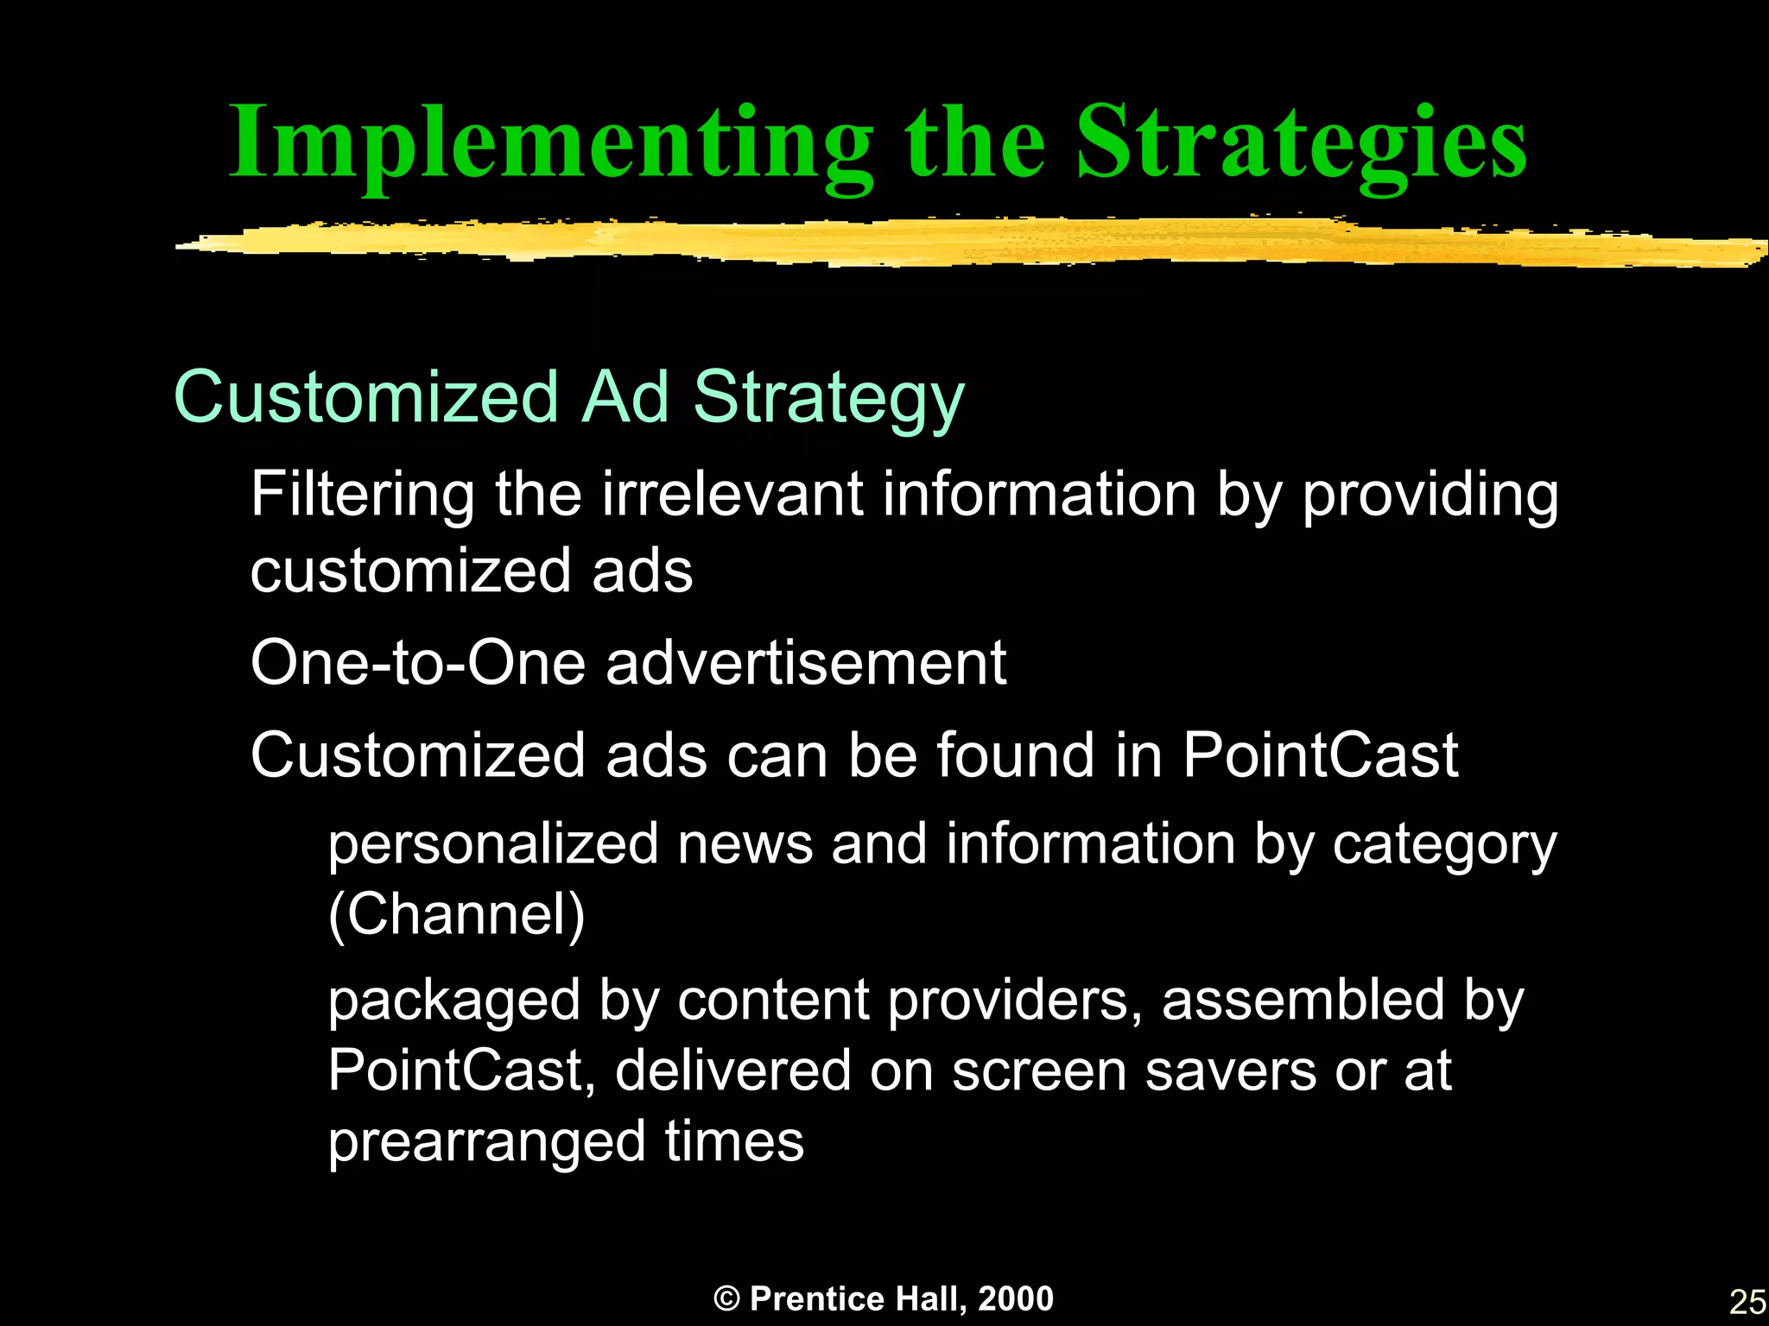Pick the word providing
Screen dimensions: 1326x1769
pos(1430,496)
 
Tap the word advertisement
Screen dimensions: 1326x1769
pos(806,663)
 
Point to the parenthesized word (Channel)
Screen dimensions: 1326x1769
pos(457,914)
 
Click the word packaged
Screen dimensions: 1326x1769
pos(454,1001)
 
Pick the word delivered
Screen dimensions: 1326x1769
pos(732,1070)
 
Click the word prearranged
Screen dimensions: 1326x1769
pos(486,1142)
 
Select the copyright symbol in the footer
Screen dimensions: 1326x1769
pos(727,1298)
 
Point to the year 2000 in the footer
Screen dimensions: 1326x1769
pos(1016,1298)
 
